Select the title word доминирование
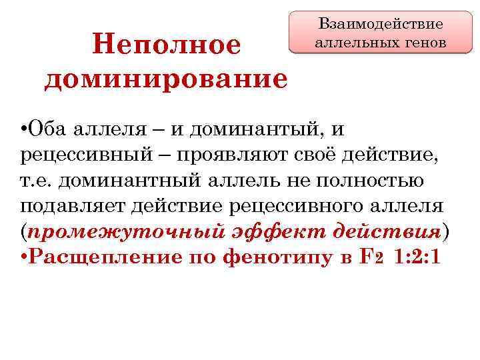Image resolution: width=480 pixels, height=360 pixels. click(166, 79)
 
